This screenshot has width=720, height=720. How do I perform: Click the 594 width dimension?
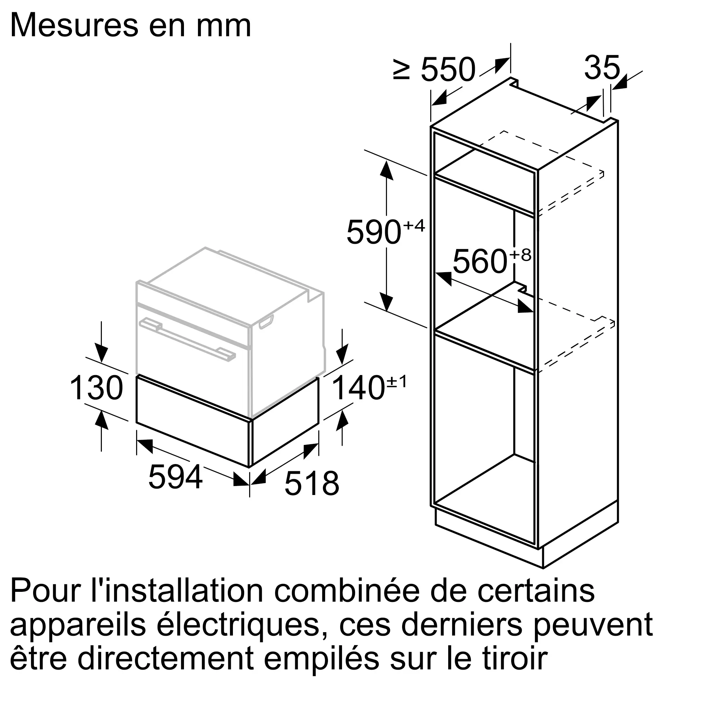[x=175, y=477]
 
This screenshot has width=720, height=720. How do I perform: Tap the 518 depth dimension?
[x=311, y=483]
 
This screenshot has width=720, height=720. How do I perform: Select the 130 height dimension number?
[x=96, y=388]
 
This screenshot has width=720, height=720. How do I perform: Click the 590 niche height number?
[x=374, y=232]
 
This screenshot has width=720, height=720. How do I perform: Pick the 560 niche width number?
[x=480, y=262]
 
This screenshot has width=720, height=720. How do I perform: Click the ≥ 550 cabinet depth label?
[x=434, y=70]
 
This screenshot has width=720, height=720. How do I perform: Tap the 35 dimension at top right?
[x=602, y=67]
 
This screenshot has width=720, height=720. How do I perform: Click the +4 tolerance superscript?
[x=414, y=225]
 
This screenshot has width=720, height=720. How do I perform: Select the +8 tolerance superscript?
[x=520, y=255]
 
